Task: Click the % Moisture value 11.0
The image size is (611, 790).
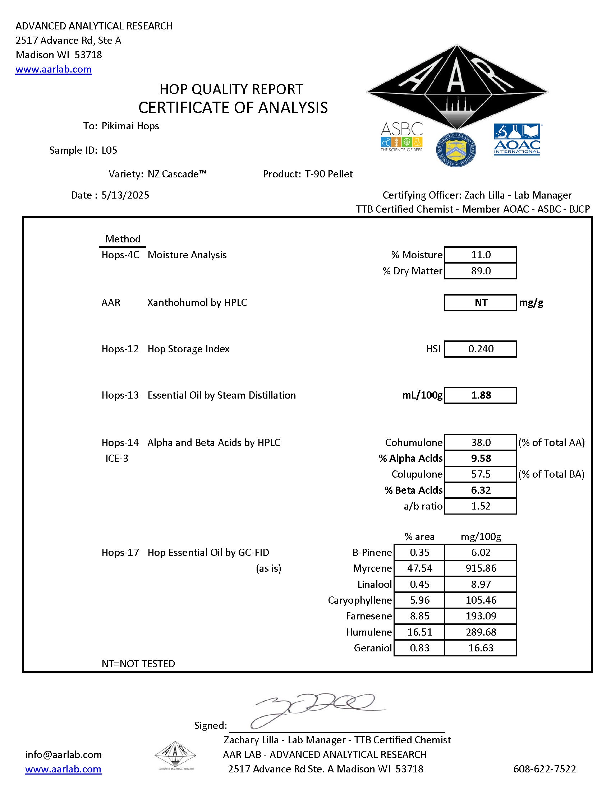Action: coord(480,255)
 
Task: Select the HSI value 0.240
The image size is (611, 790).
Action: coord(480,349)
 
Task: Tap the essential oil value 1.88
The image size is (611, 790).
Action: coord(480,395)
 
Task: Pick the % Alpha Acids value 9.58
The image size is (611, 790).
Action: coord(480,458)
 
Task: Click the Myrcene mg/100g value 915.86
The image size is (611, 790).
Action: coord(480,568)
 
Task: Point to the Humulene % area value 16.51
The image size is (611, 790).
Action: coord(419,632)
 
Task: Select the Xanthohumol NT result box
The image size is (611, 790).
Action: coord(480,302)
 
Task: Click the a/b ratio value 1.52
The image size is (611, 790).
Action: coord(480,506)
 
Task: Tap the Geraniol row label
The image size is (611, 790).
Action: coord(372,648)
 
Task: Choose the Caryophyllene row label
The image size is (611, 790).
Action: coord(359,600)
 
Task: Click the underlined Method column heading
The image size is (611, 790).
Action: coord(123,239)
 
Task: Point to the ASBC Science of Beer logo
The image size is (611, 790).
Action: coord(401,137)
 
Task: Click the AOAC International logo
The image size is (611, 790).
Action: coord(517,139)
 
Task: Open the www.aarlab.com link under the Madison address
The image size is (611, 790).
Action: coord(54,69)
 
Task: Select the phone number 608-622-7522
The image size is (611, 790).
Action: coord(545,769)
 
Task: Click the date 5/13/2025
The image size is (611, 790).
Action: coord(125,195)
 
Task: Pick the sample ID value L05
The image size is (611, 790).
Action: coord(109,150)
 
